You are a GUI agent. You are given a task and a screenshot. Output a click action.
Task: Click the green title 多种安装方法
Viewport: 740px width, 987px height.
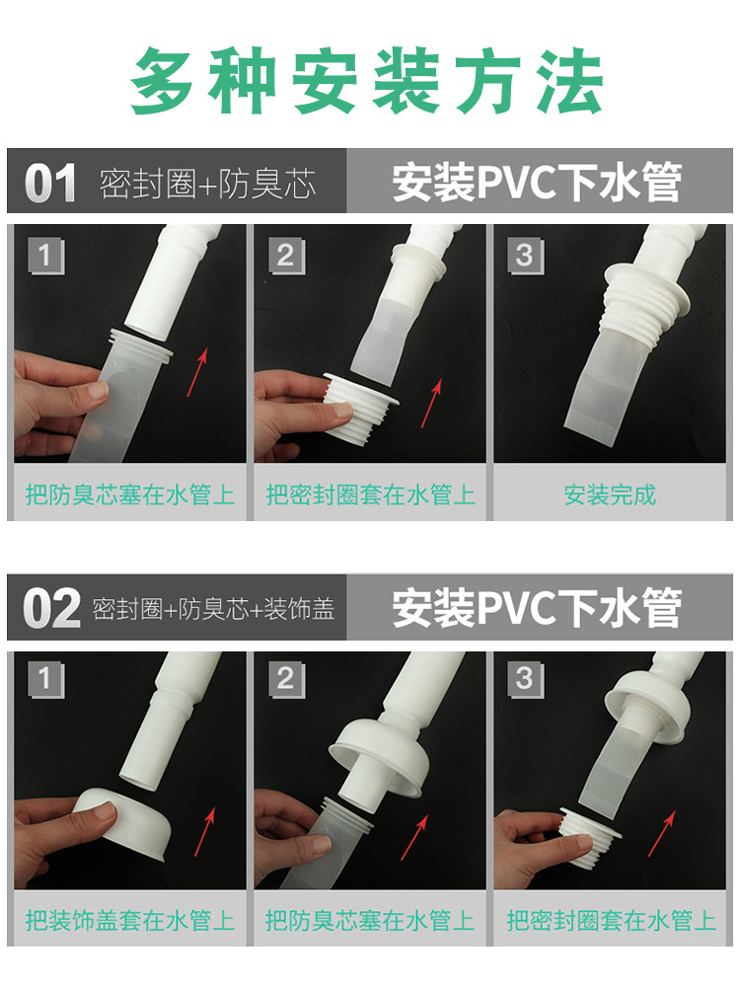[367, 82]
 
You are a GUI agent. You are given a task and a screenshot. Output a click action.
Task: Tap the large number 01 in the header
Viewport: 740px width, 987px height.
[50, 184]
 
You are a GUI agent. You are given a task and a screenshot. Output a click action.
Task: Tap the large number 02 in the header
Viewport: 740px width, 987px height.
[51, 609]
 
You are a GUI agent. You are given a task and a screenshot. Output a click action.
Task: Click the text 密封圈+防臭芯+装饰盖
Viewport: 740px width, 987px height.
[213, 609]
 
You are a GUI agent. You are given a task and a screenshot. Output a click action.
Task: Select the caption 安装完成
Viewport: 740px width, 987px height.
[610, 494]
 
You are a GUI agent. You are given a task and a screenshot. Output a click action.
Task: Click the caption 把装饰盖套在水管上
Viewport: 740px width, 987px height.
[130, 920]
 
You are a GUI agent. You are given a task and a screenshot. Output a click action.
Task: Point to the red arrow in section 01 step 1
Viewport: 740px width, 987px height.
[197, 373]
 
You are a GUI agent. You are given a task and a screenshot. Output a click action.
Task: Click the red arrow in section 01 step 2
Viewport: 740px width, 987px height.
[432, 404]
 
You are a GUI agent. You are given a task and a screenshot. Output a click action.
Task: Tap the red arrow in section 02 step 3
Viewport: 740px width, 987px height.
[662, 833]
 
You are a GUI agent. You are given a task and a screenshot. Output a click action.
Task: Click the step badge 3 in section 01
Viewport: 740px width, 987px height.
[526, 256]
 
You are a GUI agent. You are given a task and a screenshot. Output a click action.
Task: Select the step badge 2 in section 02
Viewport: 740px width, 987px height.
[286, 680]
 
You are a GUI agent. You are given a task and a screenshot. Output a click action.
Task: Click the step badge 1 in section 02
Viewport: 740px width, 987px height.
[46, 680]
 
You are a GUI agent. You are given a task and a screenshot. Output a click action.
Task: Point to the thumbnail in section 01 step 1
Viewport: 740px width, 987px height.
[129, 343]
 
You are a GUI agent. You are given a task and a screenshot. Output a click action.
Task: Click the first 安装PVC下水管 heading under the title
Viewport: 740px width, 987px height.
[538, 183]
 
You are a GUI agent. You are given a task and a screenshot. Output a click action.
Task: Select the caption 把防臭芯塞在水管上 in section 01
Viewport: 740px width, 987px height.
[130, 494]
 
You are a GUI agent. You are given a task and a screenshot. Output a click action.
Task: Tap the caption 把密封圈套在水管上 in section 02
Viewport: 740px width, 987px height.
[611, 920]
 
